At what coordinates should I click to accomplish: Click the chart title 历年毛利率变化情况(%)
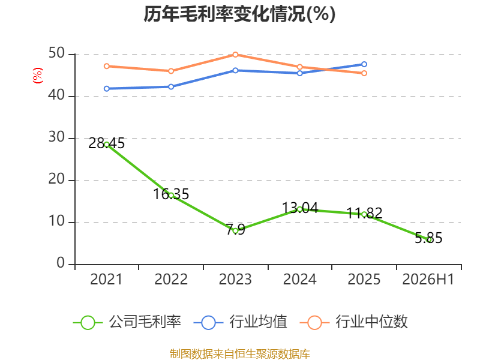tap(239, 14)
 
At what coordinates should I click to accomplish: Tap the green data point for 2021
tap(107, 145)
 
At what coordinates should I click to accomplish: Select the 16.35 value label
tap(171, 194)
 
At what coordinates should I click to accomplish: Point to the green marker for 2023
tap(235, 231)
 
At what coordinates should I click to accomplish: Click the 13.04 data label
tap(300, 208)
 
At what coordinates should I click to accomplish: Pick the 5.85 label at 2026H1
tap(428, 238)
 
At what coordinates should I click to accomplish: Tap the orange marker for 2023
tap(235, 55)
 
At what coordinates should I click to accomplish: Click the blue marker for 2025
tap(364, 64)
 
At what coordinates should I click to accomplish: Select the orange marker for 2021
tap(107, 66)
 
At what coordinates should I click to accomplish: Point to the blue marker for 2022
tap(171, 86)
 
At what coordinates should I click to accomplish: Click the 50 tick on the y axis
tap(56, 53)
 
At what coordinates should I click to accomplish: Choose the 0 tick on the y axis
tap(61, 263)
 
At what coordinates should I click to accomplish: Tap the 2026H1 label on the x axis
tap(428, 280)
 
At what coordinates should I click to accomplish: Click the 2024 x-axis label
tap(299, 280)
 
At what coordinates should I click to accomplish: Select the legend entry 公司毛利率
tap(127, 322)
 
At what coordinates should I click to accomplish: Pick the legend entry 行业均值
tap(241, 322)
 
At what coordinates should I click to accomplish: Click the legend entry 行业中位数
tap(353, 322)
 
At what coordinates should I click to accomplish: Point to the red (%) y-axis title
tap(38, 76)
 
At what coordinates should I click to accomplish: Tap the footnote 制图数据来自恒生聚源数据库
tap(240, 354)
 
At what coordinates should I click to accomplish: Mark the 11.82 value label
tap(364, 213)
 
